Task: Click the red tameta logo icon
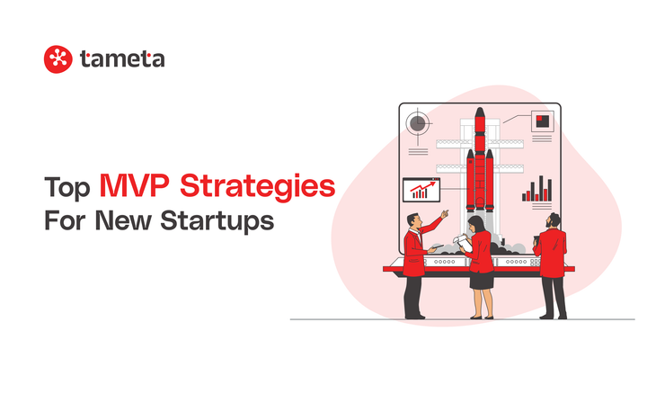point(58,59)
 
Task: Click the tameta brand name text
point(121,59)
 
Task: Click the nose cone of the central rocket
point(480,118)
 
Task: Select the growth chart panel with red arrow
point(421,190)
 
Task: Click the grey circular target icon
point(418,123)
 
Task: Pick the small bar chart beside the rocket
point(537,188)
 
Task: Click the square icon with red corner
point(541,121)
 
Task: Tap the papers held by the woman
point(463,240)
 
